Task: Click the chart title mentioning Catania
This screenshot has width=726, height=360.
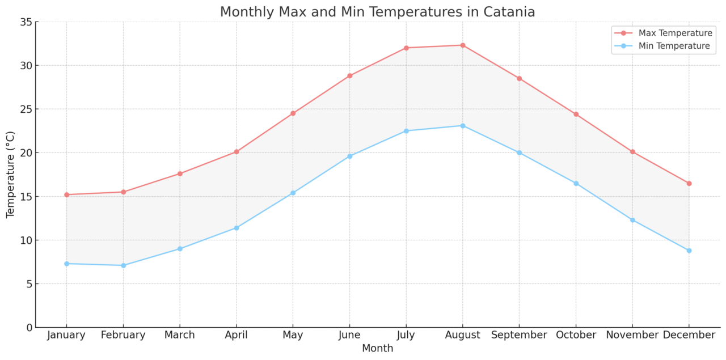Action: point(377,12)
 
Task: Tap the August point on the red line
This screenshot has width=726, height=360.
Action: point(463,45)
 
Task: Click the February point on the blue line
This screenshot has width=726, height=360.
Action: point(123,265)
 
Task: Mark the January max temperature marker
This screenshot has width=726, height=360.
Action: point(66,194)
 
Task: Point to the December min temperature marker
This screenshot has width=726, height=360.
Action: point(689,251)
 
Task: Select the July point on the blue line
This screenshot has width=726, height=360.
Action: point(406,131)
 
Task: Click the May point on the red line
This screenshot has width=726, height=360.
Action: point(293,113)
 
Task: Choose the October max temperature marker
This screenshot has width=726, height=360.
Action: point(576,115)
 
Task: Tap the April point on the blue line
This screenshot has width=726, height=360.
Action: point(237,228)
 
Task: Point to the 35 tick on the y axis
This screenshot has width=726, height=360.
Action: point(26,22)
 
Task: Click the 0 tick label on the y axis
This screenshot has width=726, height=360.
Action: point(29,328)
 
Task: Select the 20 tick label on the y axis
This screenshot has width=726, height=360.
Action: point(26,153)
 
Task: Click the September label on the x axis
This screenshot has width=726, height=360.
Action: point(519,335)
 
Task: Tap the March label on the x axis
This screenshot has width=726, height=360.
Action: point(180,335)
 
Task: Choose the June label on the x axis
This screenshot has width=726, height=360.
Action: point(349,335)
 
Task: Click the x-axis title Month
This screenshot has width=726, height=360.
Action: point(377,348)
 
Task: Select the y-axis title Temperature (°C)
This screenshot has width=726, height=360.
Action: point(11,175)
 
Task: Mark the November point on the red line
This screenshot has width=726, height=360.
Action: point(632,152)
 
